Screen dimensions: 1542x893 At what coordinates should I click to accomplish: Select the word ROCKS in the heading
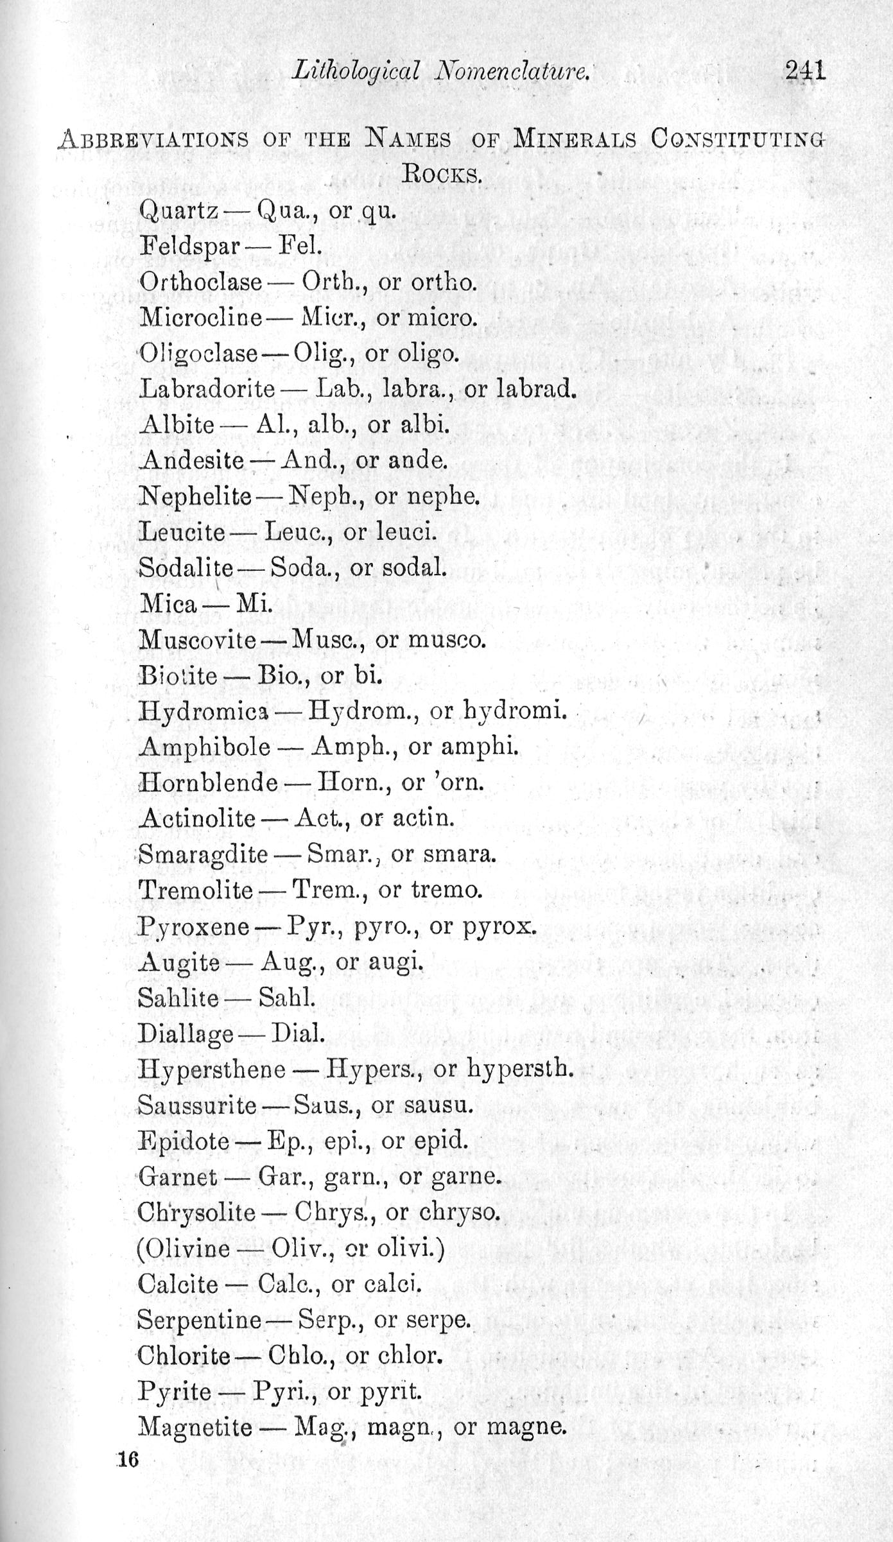click(441, 174)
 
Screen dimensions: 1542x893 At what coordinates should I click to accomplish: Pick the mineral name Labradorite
click(207, 389)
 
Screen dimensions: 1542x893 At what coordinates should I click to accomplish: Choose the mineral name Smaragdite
click(203, 854)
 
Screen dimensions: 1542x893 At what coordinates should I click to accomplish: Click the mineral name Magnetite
click(195, 1428)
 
